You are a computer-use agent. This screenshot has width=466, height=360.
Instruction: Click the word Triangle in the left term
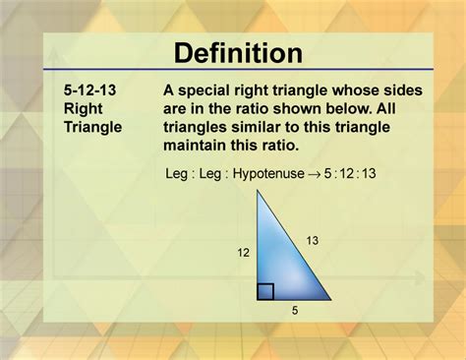[x=91, y=127]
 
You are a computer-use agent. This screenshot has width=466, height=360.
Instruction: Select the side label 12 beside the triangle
[x=243, y=253]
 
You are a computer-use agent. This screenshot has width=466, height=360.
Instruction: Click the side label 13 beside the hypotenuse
[x=312, y=239]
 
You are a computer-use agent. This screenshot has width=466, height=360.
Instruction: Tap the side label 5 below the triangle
[x=294, y=310]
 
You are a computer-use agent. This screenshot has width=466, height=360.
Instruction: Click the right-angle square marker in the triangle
[x=265, y=290]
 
